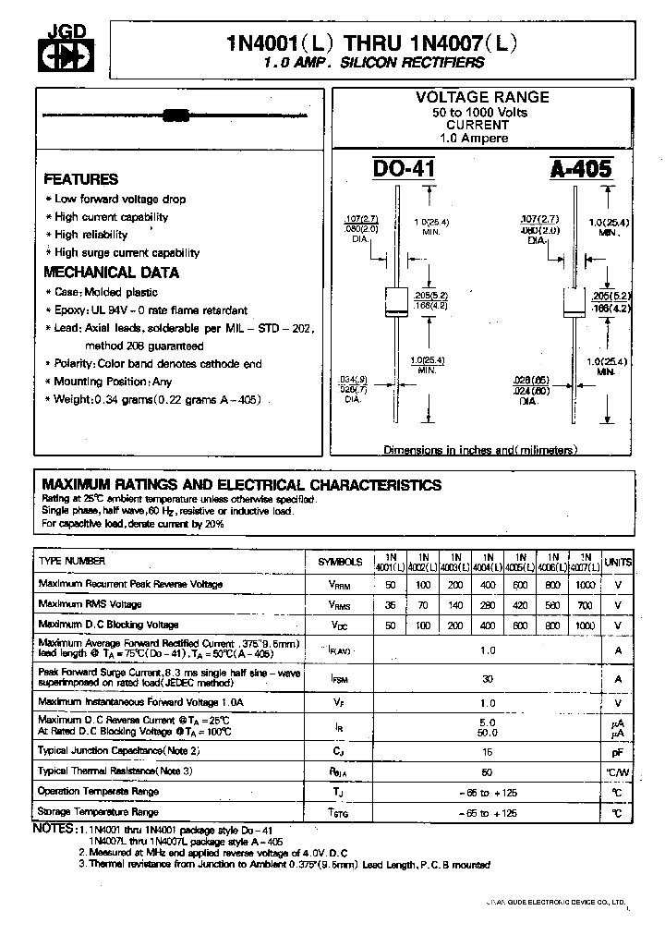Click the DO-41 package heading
[404, 169]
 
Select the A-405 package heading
[581, 169]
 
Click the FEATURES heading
[81, 180]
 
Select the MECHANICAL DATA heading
[112, 273]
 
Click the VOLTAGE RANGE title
[482, 97]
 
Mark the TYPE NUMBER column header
[72, 561]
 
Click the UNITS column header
[619, 562]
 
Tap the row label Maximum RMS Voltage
[90, 604]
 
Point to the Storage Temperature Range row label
[98, 811]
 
